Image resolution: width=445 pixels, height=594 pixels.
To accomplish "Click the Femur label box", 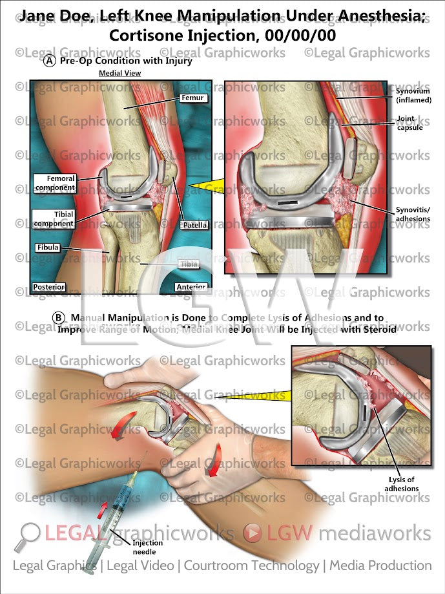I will click(x=192, y=98).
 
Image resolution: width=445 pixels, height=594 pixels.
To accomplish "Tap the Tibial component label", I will click(x=56, y=219).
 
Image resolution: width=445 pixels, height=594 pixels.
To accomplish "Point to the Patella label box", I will click(x=195, y=226).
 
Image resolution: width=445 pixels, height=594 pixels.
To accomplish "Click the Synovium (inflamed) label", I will click(x=413, y=96).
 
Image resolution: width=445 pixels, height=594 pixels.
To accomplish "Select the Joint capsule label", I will click(x=410, y=123).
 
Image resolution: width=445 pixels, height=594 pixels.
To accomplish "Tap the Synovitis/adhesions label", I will click(x=413, y=215).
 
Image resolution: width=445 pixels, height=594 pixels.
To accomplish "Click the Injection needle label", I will click(x=148, y=547).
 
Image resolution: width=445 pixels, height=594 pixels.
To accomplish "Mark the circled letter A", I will click(x=50, y=62).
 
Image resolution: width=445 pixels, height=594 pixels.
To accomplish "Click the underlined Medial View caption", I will click(x=119, y=74).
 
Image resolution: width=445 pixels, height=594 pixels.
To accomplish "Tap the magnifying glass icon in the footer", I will click(x=30, y=533).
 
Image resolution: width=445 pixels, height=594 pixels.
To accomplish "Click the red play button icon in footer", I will click(x=253, y=533).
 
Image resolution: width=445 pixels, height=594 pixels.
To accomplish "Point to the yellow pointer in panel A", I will click(x=203, y=187).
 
